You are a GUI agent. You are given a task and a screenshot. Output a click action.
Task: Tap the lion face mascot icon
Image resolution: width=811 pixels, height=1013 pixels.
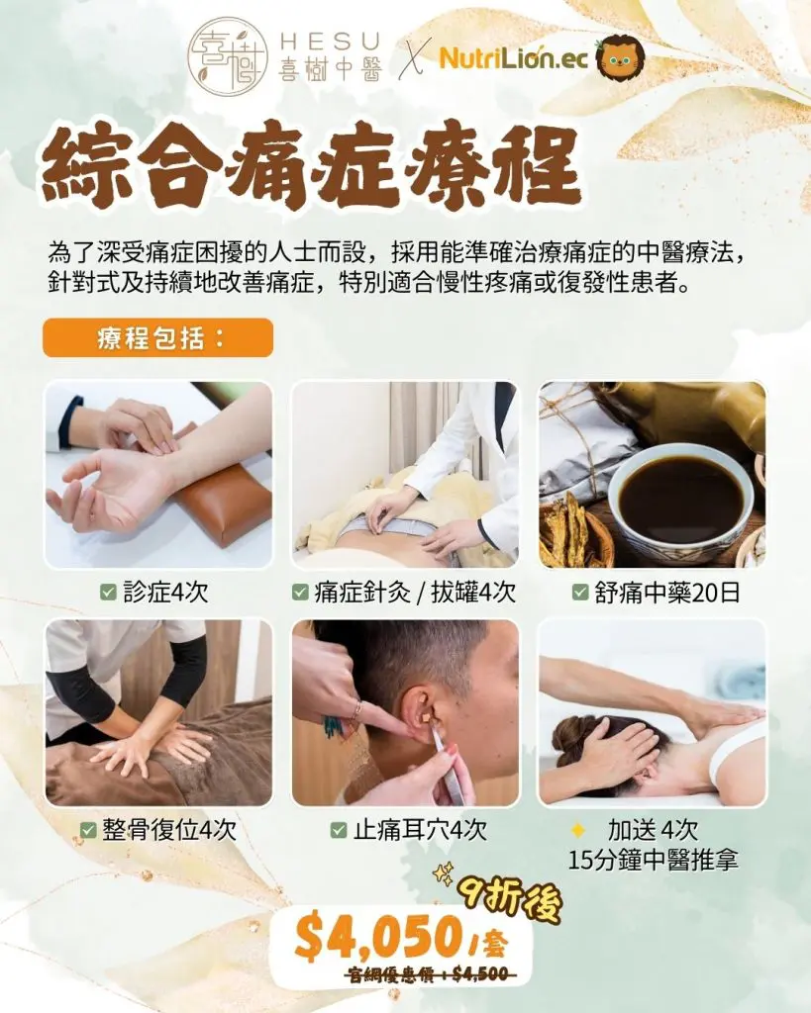(x=620, y=57)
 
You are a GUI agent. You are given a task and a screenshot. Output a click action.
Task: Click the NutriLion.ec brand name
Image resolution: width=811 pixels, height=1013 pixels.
(x=514, y=58)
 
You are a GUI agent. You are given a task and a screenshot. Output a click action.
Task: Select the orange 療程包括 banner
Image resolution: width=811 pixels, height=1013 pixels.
(x=157, y=338)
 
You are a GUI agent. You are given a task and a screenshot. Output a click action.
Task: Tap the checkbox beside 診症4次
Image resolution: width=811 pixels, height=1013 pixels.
(x=108, y=592)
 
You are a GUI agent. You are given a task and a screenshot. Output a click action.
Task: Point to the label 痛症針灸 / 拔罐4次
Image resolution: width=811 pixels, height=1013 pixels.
(x=415, y=593)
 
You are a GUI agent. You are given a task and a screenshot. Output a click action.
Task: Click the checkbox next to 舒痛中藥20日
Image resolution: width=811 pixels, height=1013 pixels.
(x=580, y=592)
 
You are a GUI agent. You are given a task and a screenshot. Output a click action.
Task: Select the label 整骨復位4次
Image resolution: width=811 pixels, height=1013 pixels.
(x=169, y=830)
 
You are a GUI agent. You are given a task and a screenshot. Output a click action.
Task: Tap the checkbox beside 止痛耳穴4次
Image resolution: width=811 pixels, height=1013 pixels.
(x=339, y=830)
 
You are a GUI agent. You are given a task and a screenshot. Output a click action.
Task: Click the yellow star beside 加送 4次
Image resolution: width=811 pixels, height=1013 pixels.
(x=578, y=830)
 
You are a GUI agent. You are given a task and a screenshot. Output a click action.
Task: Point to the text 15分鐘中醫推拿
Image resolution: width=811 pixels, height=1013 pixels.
(x=654, y=861)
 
